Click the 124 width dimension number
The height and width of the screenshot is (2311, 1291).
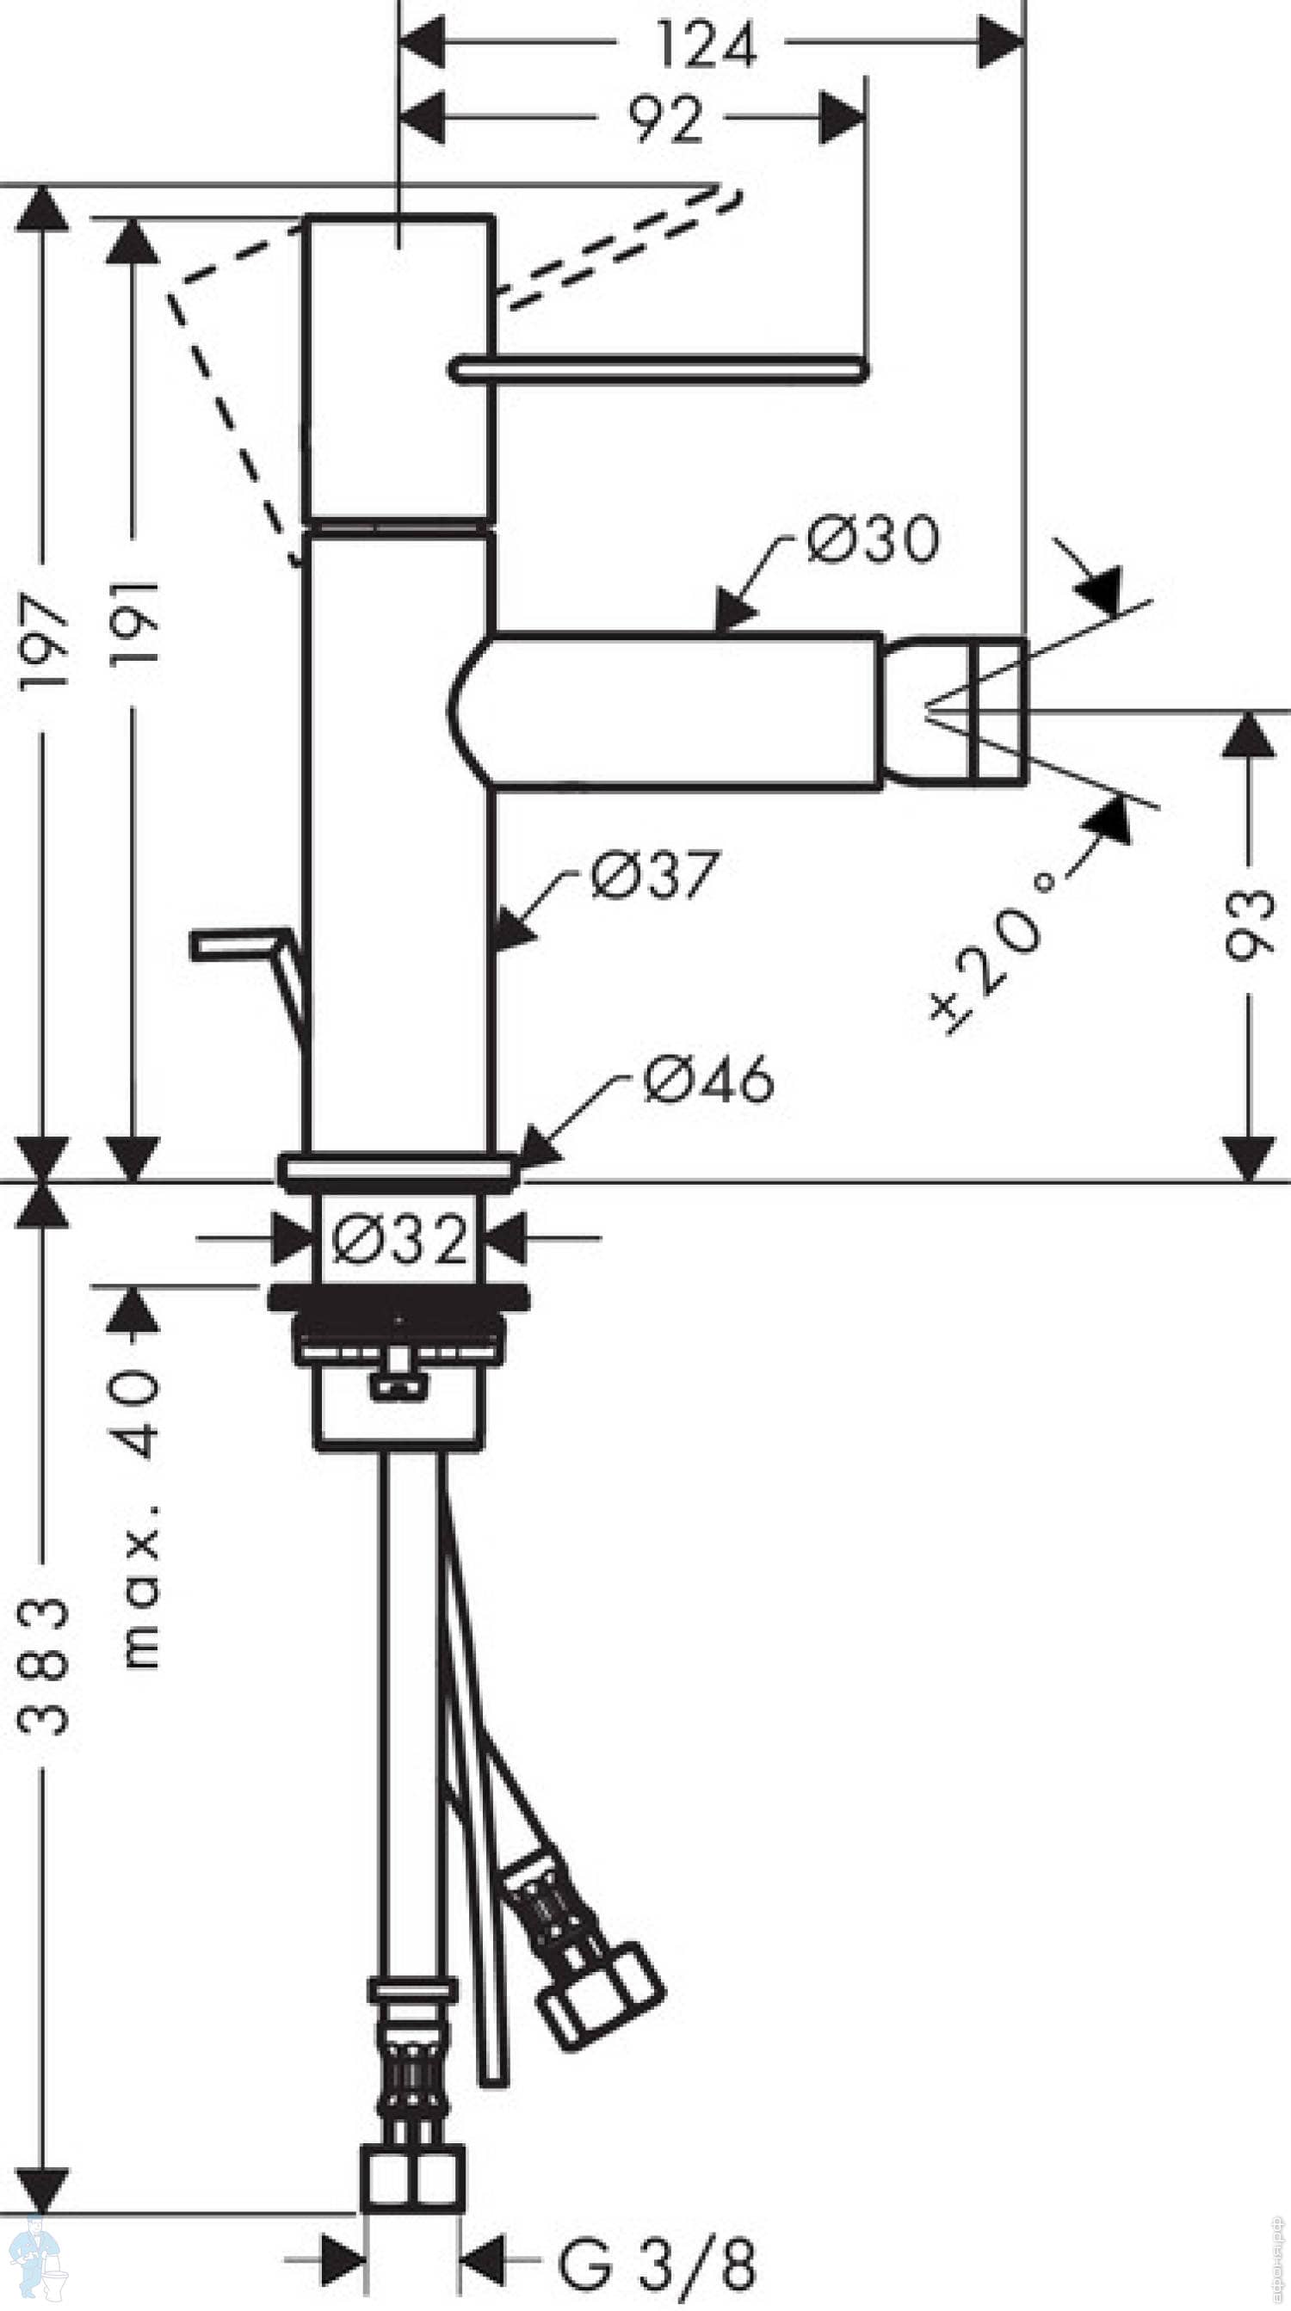tap(706, 45)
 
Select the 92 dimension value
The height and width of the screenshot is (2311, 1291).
tap(664, 119)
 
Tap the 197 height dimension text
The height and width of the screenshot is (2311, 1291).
tap(43, 639)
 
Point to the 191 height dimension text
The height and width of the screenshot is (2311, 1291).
tap(134, 624)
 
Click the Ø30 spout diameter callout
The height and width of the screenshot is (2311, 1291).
tap(872, 540)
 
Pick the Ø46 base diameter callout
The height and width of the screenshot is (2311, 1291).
tap(707, 1079)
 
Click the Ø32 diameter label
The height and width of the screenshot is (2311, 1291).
tap(399, 1239)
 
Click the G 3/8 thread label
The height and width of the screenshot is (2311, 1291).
tap(657, 2265)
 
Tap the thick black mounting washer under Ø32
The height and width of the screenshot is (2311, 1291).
tap(399, 1297)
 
